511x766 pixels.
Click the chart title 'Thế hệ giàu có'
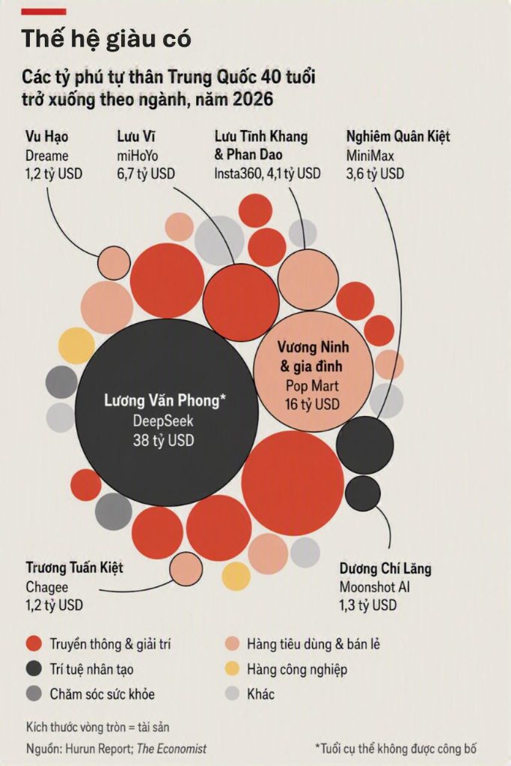[x=106, y=39]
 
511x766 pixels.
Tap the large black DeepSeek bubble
[x=167, y=412]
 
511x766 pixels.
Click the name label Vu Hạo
[x=47, y=137]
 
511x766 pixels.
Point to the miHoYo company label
[x=137, y=156]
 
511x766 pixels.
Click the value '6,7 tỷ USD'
[x=146, y=174]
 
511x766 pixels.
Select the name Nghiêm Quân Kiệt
[x=398, y=136]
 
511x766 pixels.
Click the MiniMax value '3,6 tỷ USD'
[x=375, y=174]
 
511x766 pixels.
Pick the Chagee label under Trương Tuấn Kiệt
[x=47, y=586]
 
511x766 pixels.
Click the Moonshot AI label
[x=375, y=587]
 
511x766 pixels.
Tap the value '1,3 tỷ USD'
[x=368, y=605]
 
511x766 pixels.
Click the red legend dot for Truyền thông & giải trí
[x=34, y=644]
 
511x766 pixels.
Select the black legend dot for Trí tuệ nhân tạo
[x=34, y=669]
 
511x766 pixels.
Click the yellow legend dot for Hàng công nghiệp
[x=232, y=669]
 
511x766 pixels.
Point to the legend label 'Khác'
[x=260, y=694]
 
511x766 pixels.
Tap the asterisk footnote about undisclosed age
[x=396, y=748]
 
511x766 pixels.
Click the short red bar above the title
[x=44, y=12]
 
